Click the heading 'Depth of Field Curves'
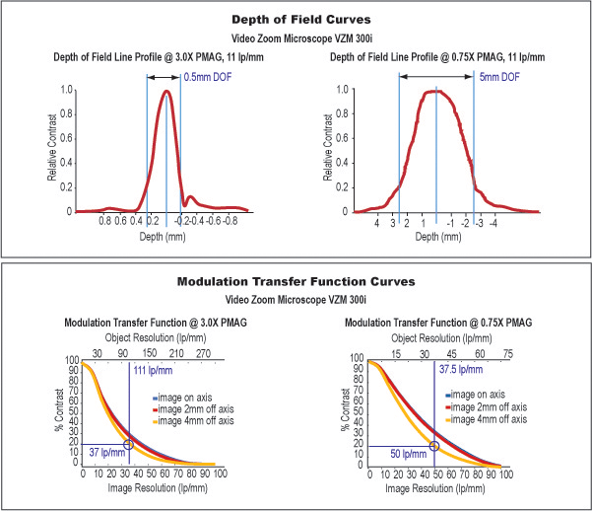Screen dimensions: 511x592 coord(296,19)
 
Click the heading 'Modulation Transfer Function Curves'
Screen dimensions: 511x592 coord(296,281)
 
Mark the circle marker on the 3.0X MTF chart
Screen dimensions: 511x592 coord(129,444)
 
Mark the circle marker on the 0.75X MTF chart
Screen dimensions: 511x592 coord(433,446)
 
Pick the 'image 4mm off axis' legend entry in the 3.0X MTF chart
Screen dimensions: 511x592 coord(193,420)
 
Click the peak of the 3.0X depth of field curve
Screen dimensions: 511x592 coord(167,92)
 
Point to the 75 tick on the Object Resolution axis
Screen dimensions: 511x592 coord(508,352)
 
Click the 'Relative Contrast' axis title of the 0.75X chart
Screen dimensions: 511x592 coord(327,150)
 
